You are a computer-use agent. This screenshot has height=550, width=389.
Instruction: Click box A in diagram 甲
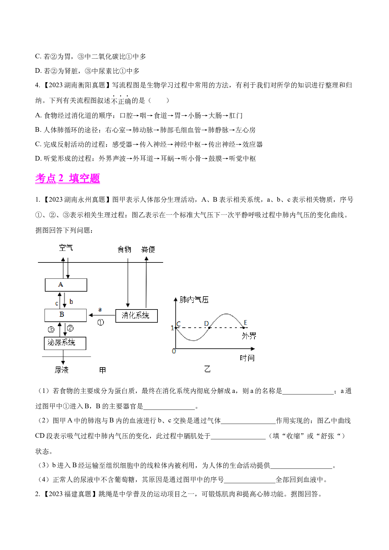coord(66,285)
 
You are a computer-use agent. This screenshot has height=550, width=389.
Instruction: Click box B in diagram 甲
coord(65,315)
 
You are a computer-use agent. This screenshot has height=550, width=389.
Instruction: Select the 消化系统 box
coord(136,316)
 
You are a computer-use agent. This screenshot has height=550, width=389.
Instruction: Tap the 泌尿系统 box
coord(65,343)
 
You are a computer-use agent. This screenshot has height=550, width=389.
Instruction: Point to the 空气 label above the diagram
coord(66,248)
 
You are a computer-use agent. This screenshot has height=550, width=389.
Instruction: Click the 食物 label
coord(124,249)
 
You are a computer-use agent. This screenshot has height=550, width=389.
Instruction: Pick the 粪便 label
coord(148,249)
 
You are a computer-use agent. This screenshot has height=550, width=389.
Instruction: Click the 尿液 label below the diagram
coord(61,370)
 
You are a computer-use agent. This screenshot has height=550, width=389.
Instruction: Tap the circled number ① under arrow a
coord(101,322)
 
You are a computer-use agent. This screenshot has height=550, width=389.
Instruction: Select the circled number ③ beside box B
coord(51,330)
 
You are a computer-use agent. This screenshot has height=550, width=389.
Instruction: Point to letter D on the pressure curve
coord(206,323)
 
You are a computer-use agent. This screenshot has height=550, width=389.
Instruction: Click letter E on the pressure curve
coord(245,322)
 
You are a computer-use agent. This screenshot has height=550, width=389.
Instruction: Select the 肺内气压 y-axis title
coord(194,300)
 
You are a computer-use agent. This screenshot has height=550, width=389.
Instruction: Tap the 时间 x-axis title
coord(247,358)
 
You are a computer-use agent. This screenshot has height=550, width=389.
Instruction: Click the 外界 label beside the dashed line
coord(249,336)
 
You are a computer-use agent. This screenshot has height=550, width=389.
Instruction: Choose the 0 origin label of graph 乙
coord(174,351)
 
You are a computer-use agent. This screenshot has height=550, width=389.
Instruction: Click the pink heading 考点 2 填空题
coord(67,178)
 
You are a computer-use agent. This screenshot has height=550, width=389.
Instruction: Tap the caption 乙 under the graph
coord(207,369)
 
